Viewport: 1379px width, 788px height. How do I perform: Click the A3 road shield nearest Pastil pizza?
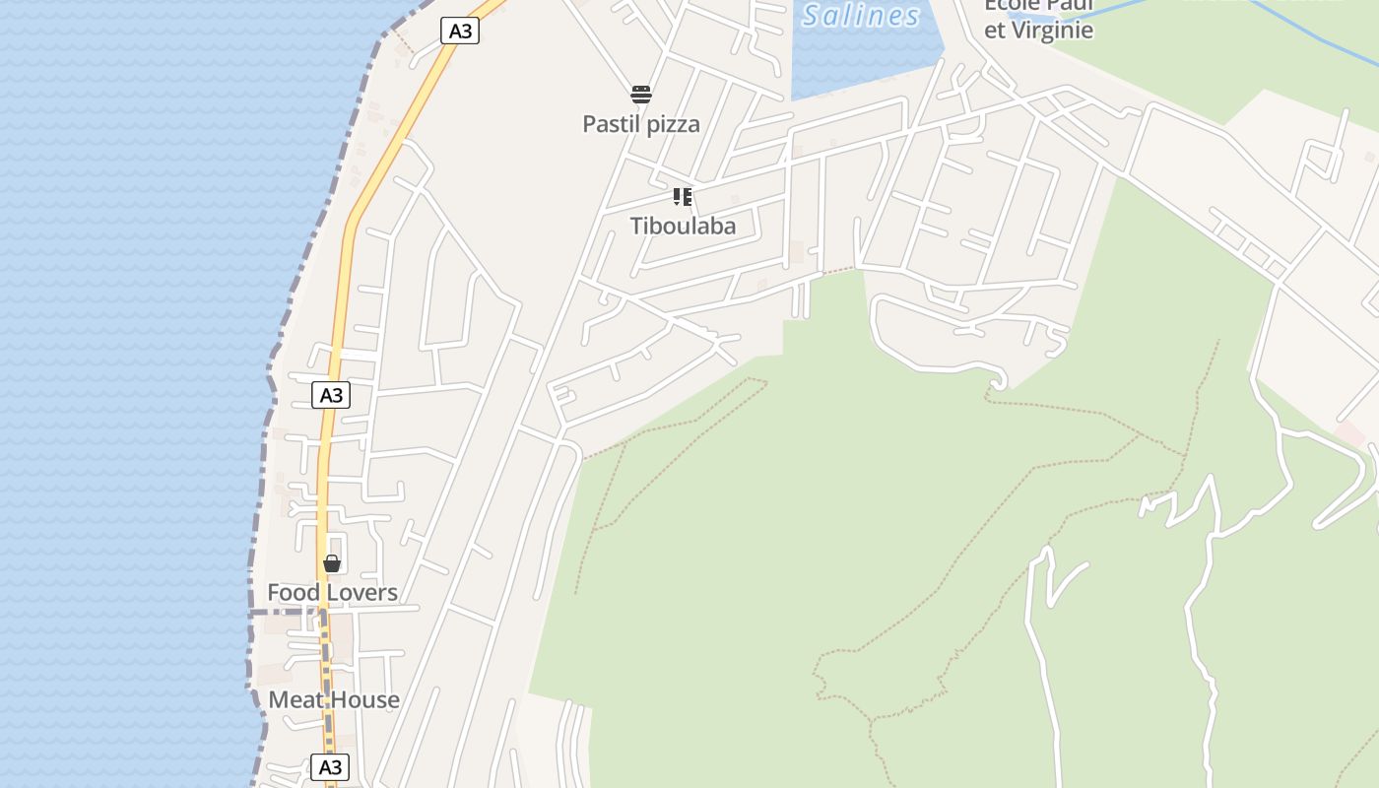(x=460, y=31)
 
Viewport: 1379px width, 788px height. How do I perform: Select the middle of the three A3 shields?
(x=331, y=395)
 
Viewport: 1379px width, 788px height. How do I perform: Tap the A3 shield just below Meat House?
(x=330, y=766)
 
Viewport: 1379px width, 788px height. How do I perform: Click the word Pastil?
(x=612, y=124)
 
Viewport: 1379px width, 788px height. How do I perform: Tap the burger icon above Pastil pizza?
(x=641, y=95)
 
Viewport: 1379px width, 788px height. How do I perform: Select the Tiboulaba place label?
(x=683, y=226)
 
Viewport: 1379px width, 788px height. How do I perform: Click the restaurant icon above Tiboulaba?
(x=683, y=197)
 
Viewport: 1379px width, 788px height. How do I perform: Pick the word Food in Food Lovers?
(x=294, y=592)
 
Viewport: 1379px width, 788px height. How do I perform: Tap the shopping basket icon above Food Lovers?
(x=332, y=563)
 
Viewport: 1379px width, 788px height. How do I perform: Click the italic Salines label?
(x=861, y=15)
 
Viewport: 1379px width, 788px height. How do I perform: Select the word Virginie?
(x=1052, y=30)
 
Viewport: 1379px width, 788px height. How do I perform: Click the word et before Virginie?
(x=995, y=30)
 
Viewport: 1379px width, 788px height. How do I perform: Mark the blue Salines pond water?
(x=867, y=59)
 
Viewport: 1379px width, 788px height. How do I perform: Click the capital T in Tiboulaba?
(x=637, y=226)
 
